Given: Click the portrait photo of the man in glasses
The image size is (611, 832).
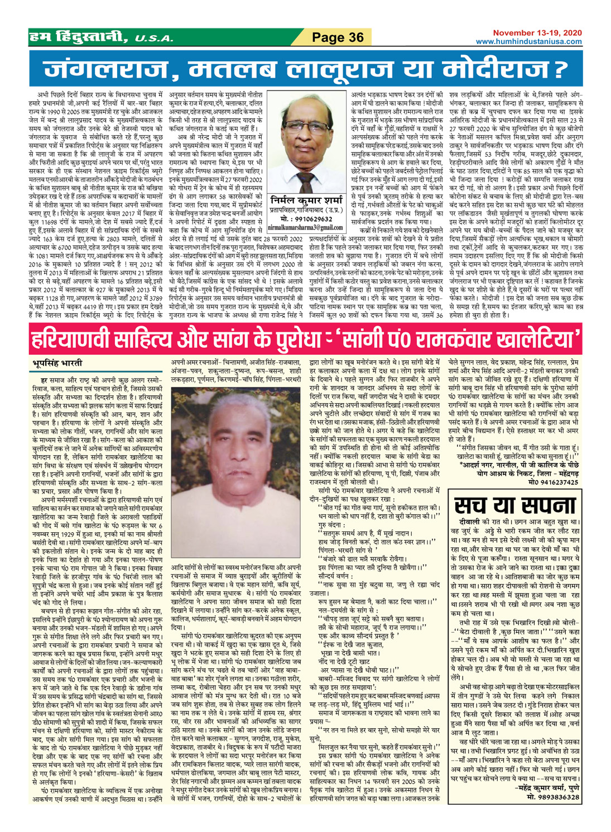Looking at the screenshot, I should (305, 145).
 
